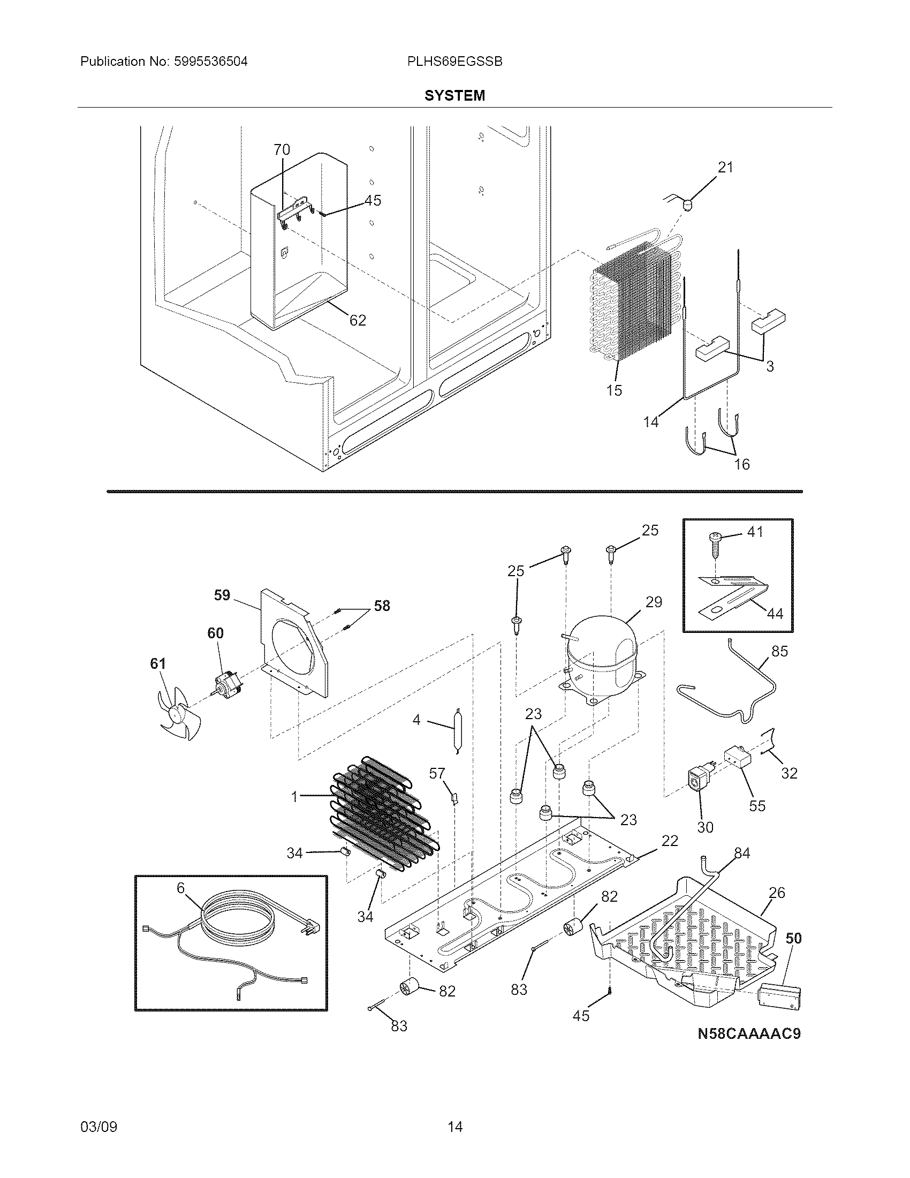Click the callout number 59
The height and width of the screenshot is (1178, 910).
(222, 595)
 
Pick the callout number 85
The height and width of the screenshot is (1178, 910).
(779, 651)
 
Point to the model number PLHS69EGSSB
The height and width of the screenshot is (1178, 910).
(455, 62)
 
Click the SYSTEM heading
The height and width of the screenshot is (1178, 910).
(454, 95)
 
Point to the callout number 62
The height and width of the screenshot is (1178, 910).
(358, 320)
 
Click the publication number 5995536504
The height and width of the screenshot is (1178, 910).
(210, 62)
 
